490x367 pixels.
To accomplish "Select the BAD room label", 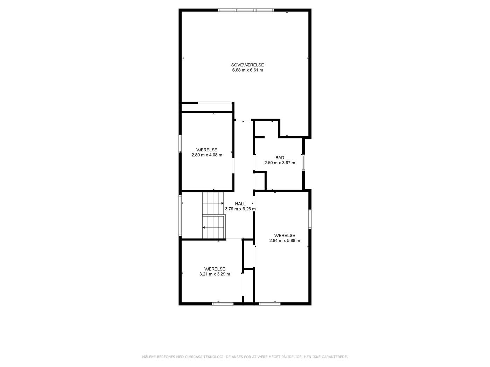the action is tap(280, 158).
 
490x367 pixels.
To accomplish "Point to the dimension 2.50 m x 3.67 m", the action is tap(280, 163).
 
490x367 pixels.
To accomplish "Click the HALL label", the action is tap(240, 204).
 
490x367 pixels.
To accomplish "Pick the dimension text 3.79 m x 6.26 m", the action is tap(240, 209).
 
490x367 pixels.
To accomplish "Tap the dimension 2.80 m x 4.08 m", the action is tap(207, 155).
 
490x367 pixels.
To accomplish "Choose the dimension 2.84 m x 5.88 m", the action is tap(285, 240).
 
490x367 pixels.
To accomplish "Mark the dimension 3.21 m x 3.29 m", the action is tap(215, 274).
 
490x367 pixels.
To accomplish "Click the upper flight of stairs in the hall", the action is tap(213, 203).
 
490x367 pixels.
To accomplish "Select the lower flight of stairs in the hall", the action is tap(214, 227).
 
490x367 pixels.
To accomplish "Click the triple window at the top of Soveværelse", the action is tap(246, 10).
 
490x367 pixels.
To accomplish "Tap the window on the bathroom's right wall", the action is tap(303, 163).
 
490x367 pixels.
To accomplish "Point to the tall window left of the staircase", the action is tap(180, 215).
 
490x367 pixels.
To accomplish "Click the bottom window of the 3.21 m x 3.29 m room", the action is tap(223, 303).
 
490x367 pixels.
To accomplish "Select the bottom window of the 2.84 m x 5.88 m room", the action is tap(269, 303).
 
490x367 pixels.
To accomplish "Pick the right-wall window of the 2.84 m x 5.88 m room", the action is tap(310, 219).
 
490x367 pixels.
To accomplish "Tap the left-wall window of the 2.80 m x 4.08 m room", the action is tap(180, 144).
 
